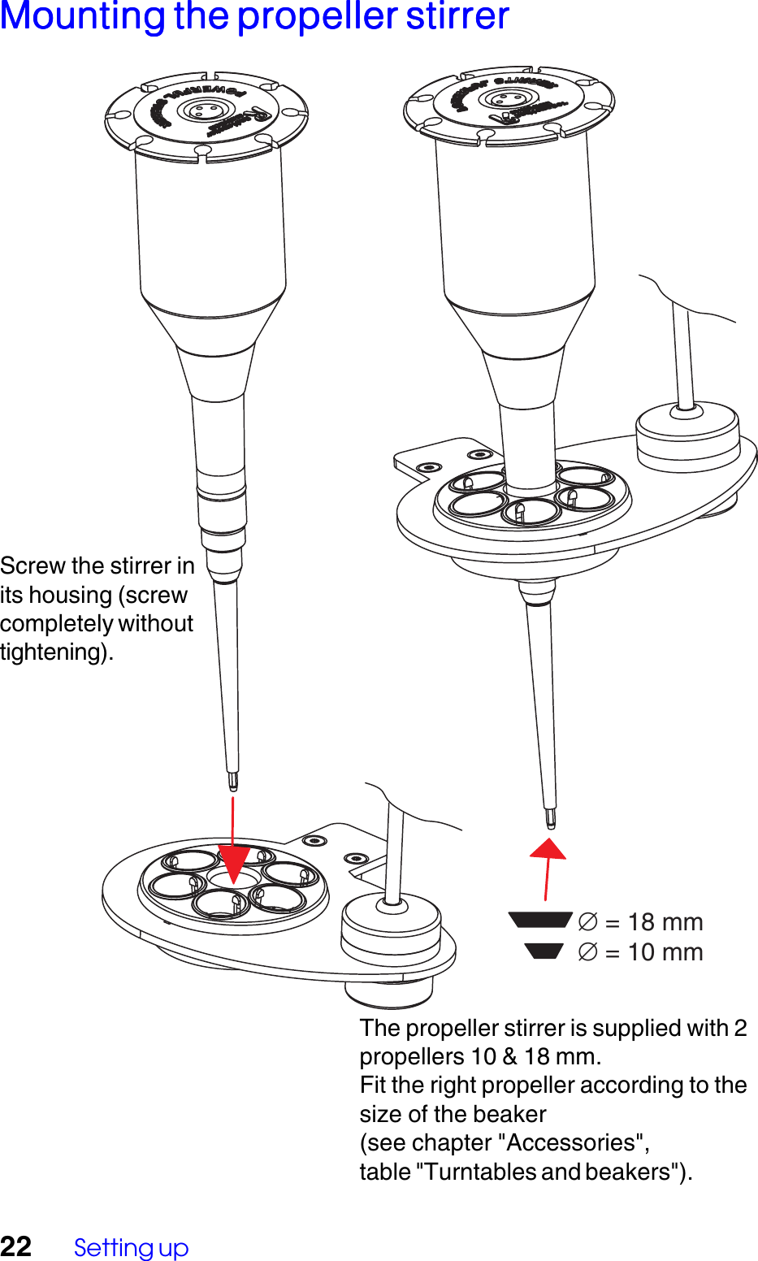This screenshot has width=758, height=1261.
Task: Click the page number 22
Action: pos(16,1246)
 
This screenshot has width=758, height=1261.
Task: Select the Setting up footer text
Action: pos(131,1247)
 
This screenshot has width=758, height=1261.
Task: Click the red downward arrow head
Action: pos(233,864)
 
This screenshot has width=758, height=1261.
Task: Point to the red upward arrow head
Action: pos(548,848)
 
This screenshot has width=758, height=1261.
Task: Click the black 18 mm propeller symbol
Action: pos(539,920)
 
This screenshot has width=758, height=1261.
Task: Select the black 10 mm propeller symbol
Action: pos(544,951)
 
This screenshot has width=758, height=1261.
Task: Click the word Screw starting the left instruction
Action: pos(32,565)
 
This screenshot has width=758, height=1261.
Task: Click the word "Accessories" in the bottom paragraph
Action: pos(577,1142)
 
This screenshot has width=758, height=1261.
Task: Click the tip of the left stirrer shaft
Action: pos(233,782)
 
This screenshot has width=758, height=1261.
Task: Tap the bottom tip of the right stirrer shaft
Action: pos(550,819)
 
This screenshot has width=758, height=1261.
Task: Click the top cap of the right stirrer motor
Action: pos(509,102)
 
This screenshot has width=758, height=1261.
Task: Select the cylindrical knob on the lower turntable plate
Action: pos(391,926)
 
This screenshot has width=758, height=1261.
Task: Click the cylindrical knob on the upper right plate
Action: pos(687,431)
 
